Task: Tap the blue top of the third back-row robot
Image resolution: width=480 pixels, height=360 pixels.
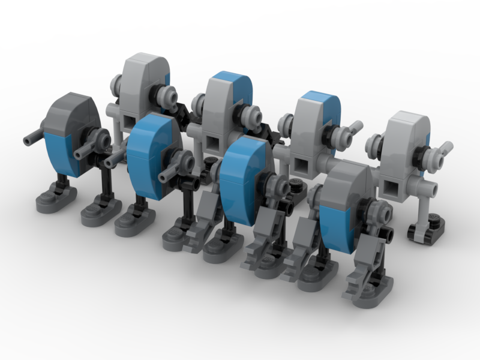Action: click(323, 102)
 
